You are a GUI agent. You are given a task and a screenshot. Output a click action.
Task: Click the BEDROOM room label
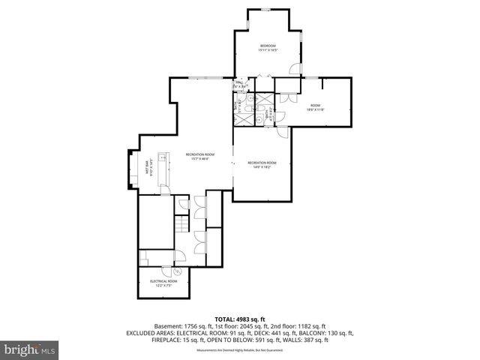[268, 46]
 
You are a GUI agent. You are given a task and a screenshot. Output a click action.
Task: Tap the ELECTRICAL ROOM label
[163, 281]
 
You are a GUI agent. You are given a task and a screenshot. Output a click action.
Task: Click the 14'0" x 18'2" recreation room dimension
[262, 166]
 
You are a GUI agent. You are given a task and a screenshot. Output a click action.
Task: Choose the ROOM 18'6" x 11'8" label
[315, 107]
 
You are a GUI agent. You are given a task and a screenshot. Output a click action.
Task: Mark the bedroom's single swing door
[295, 69]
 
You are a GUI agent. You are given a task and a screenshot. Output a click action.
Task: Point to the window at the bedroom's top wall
[267, 10]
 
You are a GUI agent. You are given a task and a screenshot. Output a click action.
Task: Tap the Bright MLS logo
[30, 349]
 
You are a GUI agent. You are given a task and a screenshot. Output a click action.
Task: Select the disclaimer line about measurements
[239, 350]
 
